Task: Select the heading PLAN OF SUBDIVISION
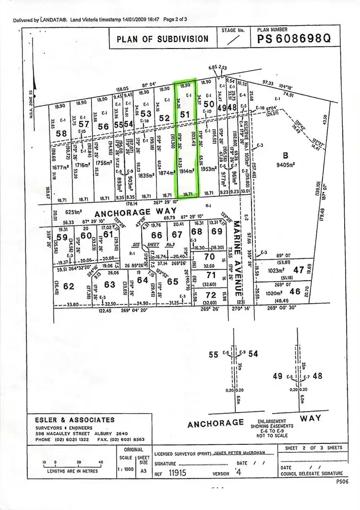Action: pos(162,39)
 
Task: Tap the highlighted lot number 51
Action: pos(185,115)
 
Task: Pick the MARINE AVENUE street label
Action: pos(237,258)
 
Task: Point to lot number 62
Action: pos(69,286)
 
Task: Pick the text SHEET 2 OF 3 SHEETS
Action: pos(313,448)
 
